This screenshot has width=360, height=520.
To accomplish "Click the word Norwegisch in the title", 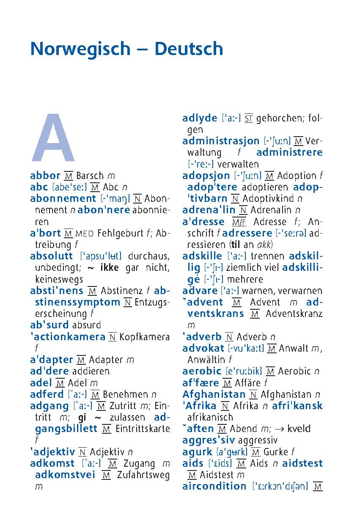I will [x=80, y=49].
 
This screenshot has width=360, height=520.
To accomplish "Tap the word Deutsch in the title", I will [x=188, y=49].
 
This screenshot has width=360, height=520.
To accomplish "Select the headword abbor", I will [x=45, y=176].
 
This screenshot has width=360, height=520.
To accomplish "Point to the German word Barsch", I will [x=90, y=176].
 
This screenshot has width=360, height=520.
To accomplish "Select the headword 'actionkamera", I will [x=68, y=337].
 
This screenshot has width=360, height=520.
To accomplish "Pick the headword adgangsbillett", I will [x=66, y=429].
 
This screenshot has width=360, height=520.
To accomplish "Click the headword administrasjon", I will [x=221, y=141].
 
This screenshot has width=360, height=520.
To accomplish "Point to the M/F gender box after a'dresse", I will [x=239, y=222].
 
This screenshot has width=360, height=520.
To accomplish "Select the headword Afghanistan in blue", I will [x=214, y=394].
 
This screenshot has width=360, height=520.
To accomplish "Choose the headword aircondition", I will [x=214, y=486].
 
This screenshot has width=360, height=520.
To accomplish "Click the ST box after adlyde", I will [x=249, y=118].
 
